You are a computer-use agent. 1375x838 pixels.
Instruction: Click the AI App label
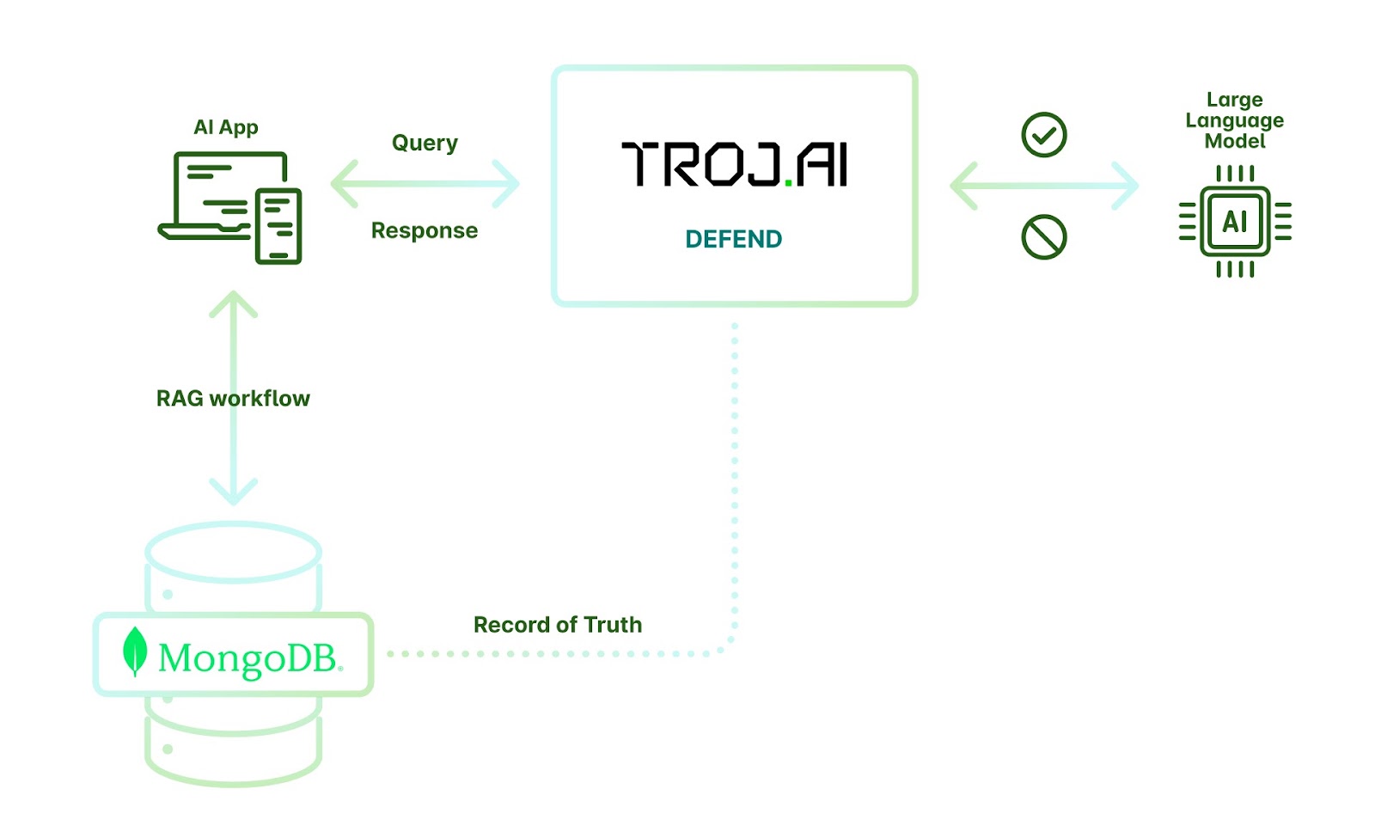225,127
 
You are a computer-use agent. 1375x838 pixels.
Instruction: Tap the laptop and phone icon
230,208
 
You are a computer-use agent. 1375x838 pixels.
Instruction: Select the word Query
425,143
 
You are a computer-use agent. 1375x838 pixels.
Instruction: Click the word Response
425,230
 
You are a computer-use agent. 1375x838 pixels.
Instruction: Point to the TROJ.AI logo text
734,164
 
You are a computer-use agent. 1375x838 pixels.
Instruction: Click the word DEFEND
734,239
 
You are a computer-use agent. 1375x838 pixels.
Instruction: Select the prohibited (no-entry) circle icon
1043,237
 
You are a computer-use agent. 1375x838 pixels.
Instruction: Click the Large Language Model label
1234,120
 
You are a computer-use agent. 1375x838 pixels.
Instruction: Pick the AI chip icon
1235,221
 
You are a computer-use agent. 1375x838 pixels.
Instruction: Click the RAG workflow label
233,399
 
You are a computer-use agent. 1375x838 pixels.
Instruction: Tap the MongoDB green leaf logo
134,651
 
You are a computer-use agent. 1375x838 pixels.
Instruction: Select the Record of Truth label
558,625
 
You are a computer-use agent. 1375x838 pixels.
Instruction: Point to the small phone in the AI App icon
278,226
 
